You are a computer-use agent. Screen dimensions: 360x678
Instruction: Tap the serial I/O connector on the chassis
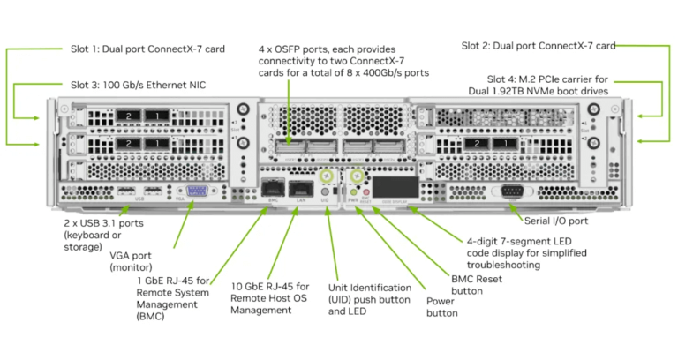click(509, 191)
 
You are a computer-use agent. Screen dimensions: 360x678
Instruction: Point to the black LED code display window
click(395, 187)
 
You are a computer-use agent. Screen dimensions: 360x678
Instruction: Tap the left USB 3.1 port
click(126, 191)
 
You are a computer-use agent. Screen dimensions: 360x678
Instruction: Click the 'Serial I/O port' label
click(555, 221)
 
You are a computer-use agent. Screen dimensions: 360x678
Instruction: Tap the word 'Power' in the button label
click(442, 300)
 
